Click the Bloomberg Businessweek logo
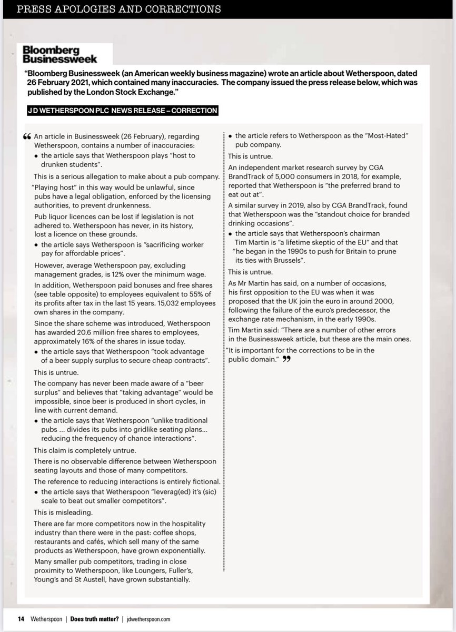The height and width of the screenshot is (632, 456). (x=60, y=54)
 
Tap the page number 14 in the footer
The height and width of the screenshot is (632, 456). (x=21, y=619)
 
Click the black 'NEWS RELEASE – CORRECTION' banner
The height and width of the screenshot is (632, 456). (x=122, y=111)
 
